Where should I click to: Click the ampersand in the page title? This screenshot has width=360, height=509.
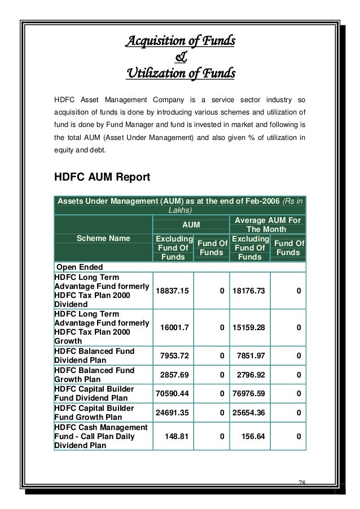[x=180, y=56]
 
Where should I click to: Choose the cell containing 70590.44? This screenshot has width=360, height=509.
[x=173, y=394]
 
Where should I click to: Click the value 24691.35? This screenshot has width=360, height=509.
[x=173, y=413]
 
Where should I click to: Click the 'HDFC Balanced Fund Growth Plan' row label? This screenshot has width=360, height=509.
[x=94, y=375]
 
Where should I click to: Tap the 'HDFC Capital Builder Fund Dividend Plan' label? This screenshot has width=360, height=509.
[x=94, y=394]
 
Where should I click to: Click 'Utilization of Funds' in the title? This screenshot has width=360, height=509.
[x=180, y=73]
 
